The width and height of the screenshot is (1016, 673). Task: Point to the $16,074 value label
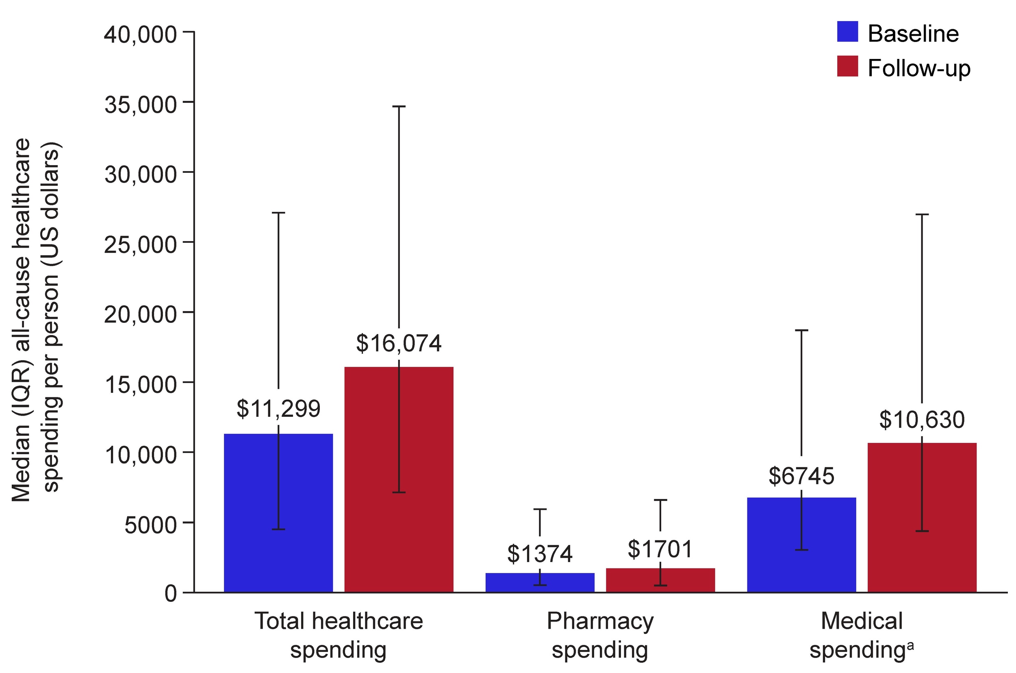point(399,343)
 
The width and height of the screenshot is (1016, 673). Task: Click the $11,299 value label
point(278,409)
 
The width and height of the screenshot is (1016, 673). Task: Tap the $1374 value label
point(540,554)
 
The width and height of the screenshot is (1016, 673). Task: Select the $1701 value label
point(660,549)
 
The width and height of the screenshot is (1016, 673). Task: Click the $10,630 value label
point(922,420)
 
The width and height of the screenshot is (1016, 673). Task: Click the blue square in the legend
point(847,32)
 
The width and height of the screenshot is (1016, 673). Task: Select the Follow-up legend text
point(918,68)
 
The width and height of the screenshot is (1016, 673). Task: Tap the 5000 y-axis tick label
point(150,525)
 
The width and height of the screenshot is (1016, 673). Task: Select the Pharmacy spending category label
point(600,635)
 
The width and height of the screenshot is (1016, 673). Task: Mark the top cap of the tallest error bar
point(399,106)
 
